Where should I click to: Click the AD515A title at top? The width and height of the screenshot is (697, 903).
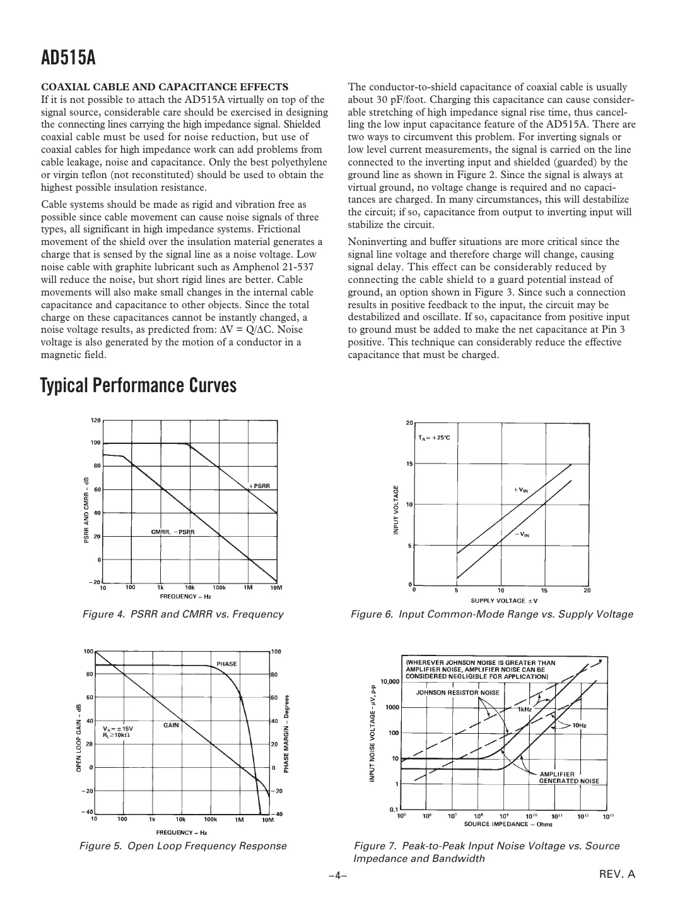[68, 58]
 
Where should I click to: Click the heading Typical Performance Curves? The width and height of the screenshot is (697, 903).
[138, 385]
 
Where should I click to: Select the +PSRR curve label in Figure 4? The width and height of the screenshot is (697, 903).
[259, 485]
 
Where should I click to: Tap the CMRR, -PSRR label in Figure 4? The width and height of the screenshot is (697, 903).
[173, 532]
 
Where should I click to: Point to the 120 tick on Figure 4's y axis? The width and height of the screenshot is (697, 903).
[95, 420]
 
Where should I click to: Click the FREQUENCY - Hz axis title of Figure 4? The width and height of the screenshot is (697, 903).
[184, 595]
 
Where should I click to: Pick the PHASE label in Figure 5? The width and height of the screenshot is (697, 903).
[226, 664]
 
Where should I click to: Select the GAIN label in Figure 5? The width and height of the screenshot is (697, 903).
[172, 725]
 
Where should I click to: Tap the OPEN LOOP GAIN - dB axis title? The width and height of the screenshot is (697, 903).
[79, 738]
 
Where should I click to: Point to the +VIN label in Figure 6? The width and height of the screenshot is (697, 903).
[520, 489]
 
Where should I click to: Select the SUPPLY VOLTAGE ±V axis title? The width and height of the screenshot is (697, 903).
[504, 601]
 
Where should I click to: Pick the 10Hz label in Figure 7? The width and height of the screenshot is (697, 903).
[578, 726]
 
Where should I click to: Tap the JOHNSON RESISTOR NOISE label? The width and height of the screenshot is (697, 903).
[458, 692]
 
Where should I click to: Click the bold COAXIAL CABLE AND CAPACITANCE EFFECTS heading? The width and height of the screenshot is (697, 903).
[165, 87]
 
